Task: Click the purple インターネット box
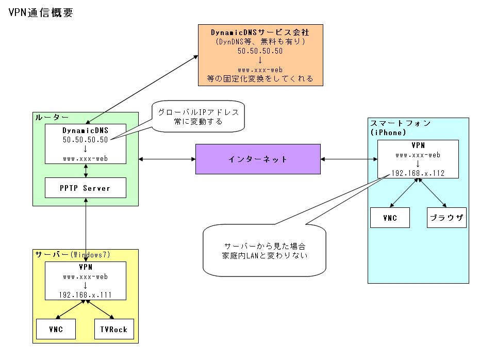(258, 159)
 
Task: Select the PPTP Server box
(86, 188)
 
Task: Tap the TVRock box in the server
(114, 330)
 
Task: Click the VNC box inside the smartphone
(390, 218)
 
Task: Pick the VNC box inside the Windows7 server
(56, 330)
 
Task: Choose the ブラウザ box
(447, 218)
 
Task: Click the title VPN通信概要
(41, 13)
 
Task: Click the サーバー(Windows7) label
(73, 255)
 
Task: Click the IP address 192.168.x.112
(418, 173)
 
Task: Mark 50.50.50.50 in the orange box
(260, 51)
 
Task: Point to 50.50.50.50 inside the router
(86, 139)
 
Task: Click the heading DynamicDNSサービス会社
(260, 32)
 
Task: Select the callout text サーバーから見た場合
(265, 246)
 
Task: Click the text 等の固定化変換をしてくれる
(260, 78)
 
